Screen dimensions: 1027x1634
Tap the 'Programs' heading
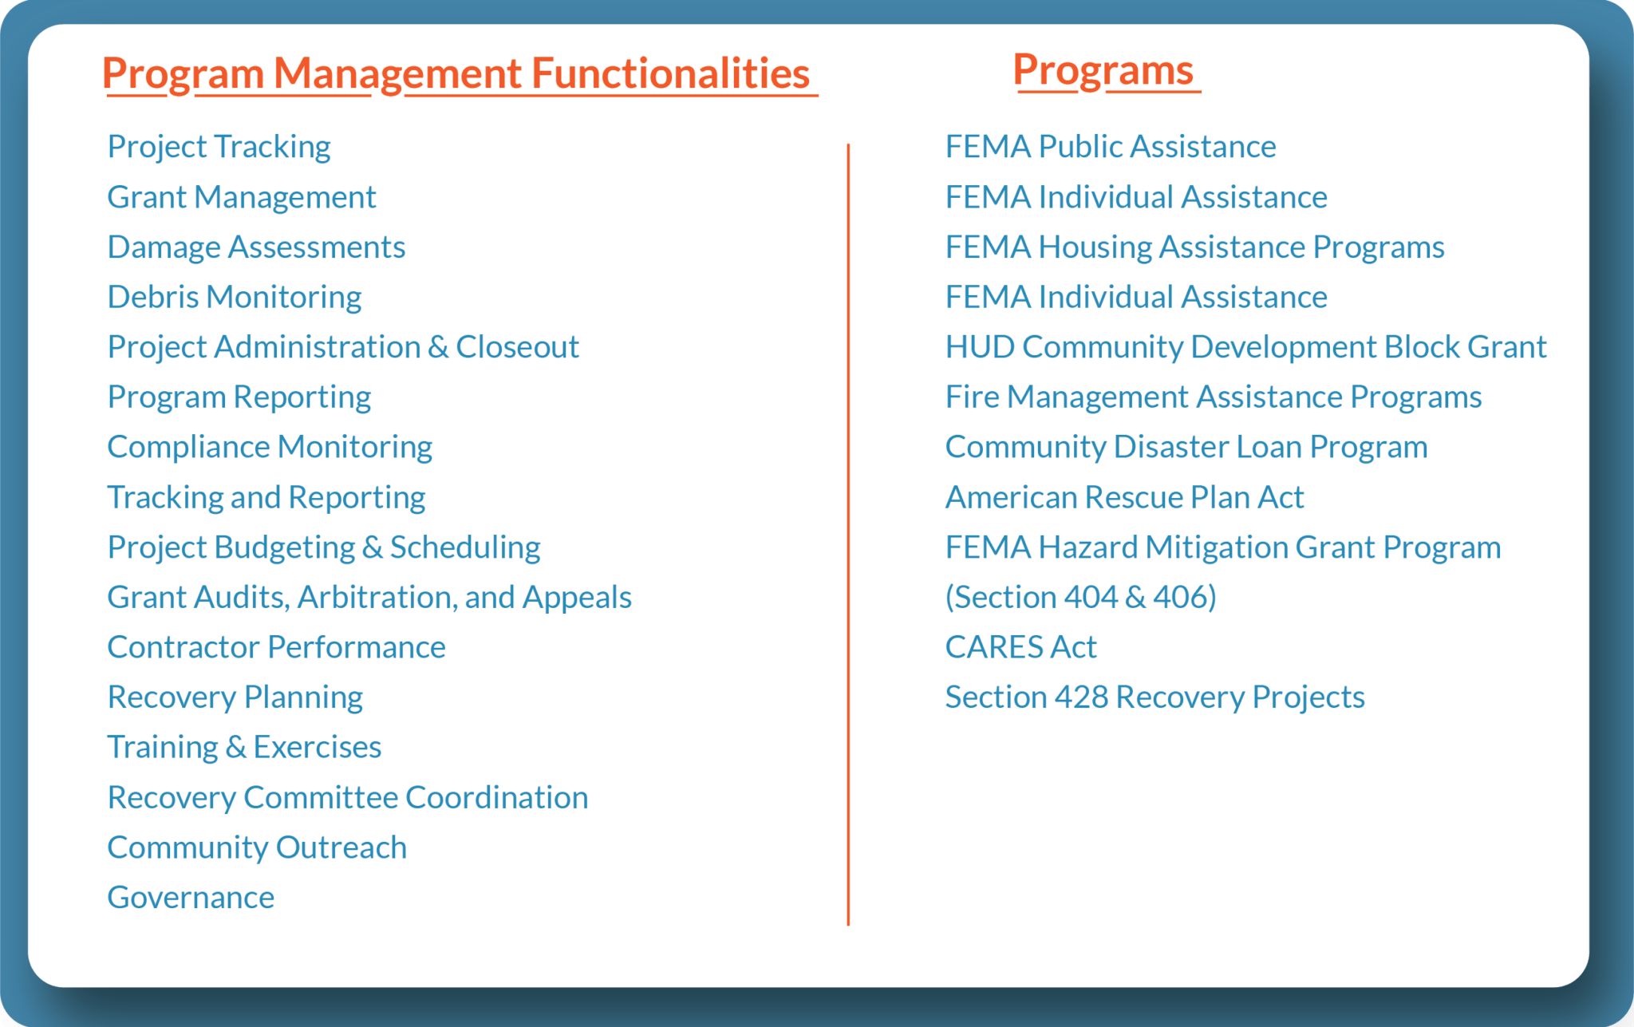click(1103, 70)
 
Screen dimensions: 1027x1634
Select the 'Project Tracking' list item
click(219, 147)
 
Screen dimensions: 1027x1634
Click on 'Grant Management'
click(241, 197)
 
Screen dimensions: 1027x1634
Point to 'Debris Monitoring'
click(234, 297)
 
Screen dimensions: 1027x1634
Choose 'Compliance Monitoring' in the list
click(269, 447)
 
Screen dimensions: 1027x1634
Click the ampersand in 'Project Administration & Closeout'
click(437, 347)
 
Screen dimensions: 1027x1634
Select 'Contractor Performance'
click(276, 647)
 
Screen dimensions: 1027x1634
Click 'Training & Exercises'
click(244, 747)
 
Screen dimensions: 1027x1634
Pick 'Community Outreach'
click(256, 847)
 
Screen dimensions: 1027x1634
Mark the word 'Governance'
click(191, 898)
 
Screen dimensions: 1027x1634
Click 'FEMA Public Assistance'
click(1110, 147)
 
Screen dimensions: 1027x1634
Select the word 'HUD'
click(979, 347)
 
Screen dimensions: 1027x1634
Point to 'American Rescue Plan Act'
click(1124, 497)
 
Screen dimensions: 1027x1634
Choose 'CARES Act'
click(1020, 647)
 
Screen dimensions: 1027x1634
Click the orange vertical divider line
click(848, 535)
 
